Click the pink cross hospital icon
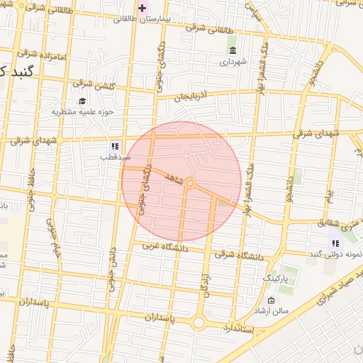tap(143, 9)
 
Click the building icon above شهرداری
tap(233, 50)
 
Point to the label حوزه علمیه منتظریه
tap(83, 111)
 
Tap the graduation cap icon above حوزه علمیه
tap(82, 101)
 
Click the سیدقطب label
tap(113, 156)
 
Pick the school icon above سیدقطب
tap(114, 145)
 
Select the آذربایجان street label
tap(193, 94)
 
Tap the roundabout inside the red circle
tap(190, 184)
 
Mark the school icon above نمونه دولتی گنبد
tap(335, 243)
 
